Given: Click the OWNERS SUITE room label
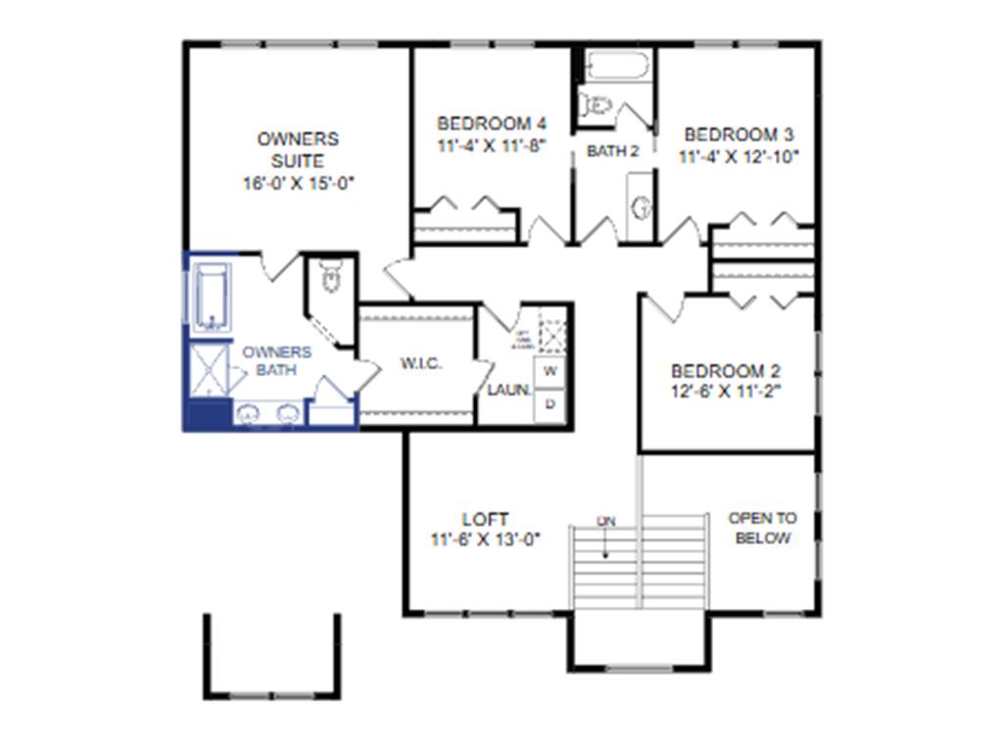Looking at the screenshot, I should (x=298, y=150).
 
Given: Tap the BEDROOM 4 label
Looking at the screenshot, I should (x=491, y=123).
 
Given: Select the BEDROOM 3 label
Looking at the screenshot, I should (x=739, y=134).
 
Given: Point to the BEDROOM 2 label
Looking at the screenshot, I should (x=725, y=371).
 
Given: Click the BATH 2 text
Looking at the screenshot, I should (x=612, y=151).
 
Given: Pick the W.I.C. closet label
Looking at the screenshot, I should (x=421, y=364).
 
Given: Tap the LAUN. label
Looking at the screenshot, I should (x=509, y=390).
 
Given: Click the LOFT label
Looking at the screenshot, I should (x=485, y=519).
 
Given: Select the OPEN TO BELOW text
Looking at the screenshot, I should (x=762, y=528).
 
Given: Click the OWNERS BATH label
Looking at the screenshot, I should (x=276, y=360).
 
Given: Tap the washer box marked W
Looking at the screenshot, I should (x=549, y=371).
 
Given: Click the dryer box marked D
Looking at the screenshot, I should (x=549, y=402).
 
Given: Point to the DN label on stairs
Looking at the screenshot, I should (x=606, y=522).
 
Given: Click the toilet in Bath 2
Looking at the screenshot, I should (x=595, y=104).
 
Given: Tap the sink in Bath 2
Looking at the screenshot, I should (x=642, y=207).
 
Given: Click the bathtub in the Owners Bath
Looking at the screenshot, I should (x=211, y=296).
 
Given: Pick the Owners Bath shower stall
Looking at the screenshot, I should (x=208, y=369).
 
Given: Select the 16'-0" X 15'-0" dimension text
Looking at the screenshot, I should (x=297, y=183).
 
